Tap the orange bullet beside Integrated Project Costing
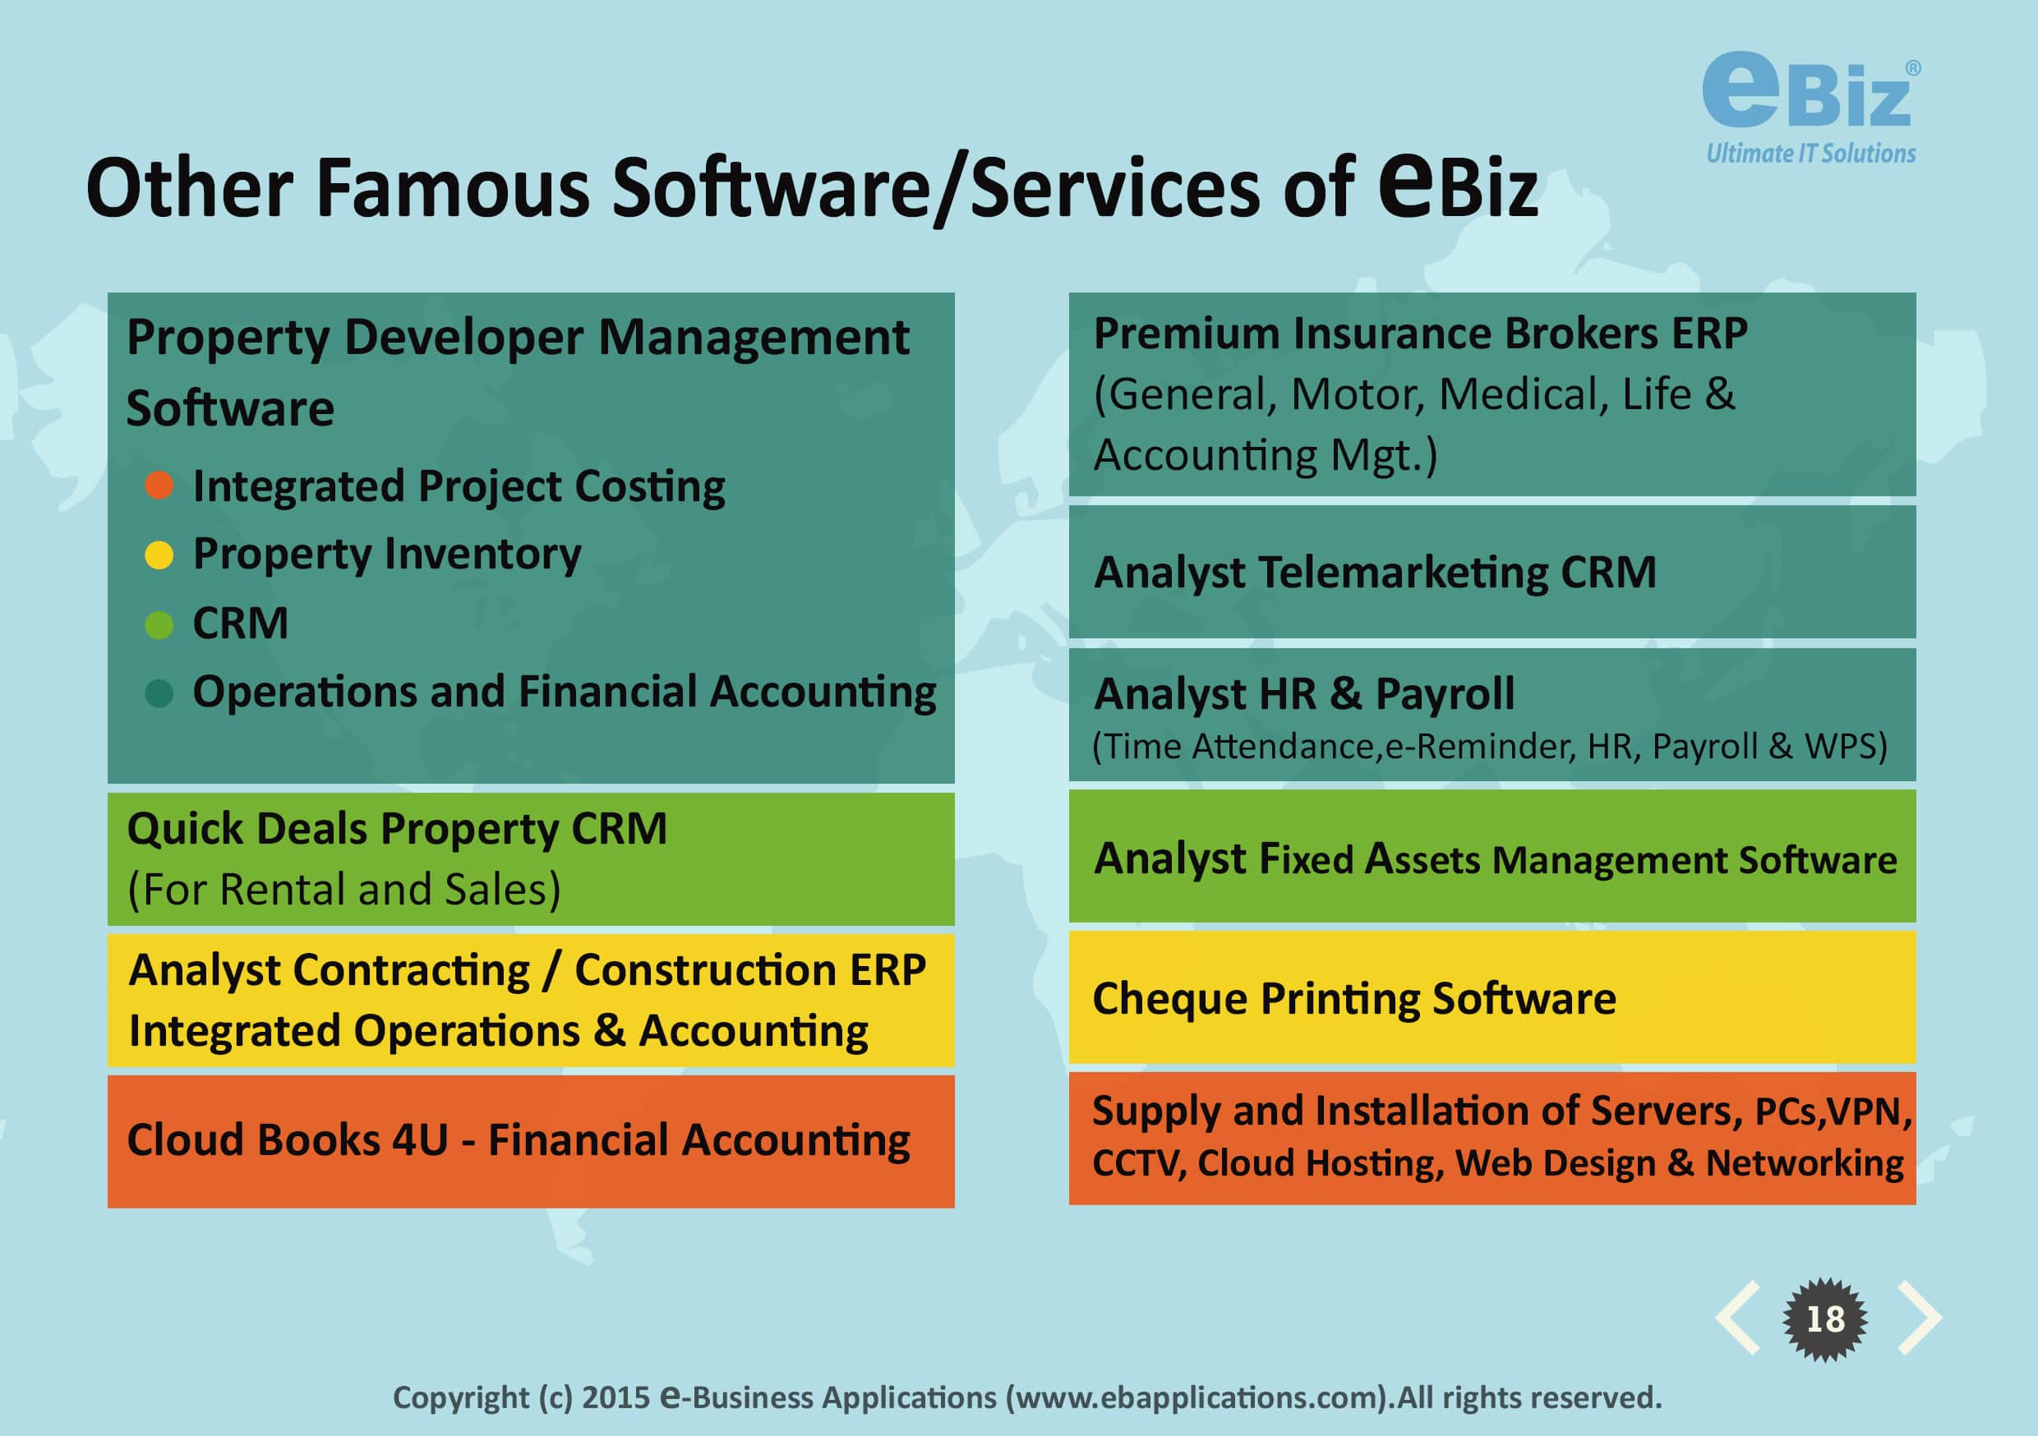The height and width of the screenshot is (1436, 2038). tap(159, 486)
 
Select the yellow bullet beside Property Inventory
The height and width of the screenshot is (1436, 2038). tap(159, 555)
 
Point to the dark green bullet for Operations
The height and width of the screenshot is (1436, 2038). tap(159, 693)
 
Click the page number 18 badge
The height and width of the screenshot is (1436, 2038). tap(1825, 1319)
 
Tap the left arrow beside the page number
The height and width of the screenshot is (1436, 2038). tap(1738, 1318)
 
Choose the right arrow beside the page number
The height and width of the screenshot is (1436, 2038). tap(1919, 1318)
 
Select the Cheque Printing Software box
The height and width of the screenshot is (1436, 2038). tap(1492, 997)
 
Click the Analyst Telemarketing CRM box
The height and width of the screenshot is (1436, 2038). tap(1492, 572)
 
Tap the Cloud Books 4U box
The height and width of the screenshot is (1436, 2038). tap(531, 1141)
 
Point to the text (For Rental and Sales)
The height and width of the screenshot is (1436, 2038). tap(344, 890)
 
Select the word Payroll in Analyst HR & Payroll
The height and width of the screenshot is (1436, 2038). tap(1445, 695)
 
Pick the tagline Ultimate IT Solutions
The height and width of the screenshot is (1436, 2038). tap(1810, 154)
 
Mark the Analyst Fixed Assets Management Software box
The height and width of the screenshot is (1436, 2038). tap(1492, 857)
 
